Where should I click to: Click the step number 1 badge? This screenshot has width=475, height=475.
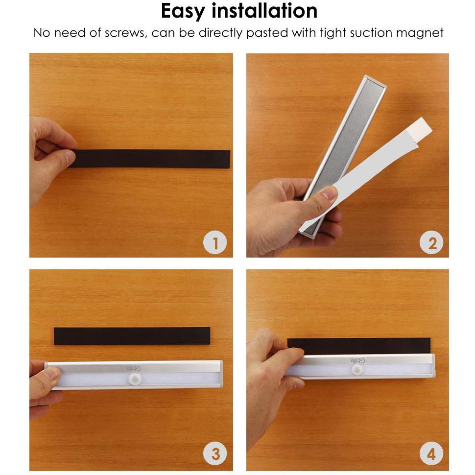pos(215,243)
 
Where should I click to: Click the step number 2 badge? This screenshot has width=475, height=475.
pos(431,243)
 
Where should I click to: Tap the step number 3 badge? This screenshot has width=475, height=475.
pos(215,454)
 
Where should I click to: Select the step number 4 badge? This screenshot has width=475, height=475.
pos(431,454)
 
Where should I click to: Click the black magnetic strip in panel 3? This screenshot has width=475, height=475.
pos(132,336)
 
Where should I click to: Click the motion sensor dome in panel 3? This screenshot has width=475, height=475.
pos(134,379)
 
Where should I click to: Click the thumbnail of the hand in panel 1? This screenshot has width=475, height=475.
pos(70,158)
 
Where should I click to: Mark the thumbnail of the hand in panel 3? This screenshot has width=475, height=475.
pos(51,375)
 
